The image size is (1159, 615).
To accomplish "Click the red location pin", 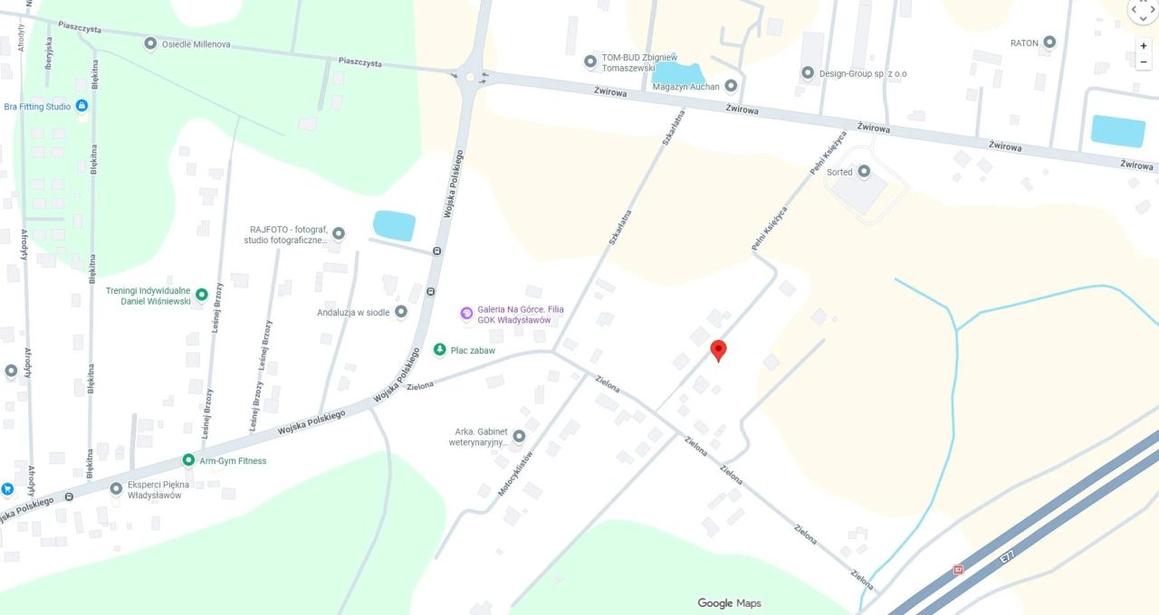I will (718, 349).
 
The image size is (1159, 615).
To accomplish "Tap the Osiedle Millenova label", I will (196, 43).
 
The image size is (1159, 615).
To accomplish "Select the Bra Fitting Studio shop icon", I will (82, 106).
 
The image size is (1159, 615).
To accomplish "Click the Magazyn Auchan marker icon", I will (731, 86).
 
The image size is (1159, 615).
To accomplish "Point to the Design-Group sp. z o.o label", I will (863, 73).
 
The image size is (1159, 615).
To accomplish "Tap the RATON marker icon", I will (1049, 43).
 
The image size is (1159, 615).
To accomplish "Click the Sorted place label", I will (839, 172).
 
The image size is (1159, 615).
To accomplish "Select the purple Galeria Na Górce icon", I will (466, 313).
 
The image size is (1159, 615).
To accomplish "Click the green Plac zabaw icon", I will (439, 349).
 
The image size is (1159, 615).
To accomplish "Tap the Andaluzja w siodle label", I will (353, 312).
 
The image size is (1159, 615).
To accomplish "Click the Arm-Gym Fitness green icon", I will (188, 460).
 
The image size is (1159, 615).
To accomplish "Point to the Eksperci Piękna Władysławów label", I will (155, 489).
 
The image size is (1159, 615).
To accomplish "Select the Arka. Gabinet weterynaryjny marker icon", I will (519, 436).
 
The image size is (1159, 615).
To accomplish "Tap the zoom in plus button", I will (1144, 45).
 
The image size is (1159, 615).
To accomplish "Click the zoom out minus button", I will (1144, 62).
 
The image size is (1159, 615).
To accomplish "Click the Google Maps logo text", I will (729, 603).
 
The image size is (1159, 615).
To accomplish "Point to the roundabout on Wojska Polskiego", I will (470, 77).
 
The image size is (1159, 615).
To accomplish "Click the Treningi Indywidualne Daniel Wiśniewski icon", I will (202, 294).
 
